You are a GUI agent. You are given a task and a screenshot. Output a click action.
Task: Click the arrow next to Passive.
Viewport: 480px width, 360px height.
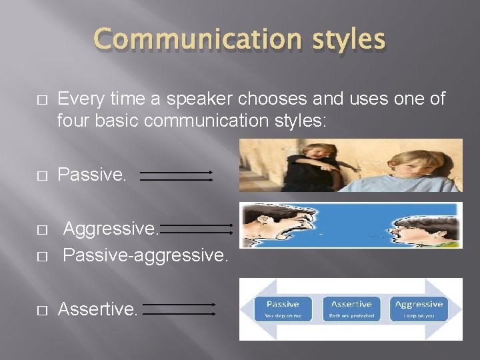pos(177,176)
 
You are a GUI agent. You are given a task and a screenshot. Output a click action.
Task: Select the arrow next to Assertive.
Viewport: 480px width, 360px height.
pos(179,309)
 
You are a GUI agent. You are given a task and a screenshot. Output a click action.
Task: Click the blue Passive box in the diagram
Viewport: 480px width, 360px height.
pos(283,308)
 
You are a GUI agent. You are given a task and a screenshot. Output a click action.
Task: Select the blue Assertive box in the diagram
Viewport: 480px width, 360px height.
pos(351,308)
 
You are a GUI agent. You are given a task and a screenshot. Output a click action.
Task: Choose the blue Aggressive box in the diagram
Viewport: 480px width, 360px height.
pos(419,308)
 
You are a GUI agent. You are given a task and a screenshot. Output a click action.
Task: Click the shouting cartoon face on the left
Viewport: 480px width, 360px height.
pos(273,225)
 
